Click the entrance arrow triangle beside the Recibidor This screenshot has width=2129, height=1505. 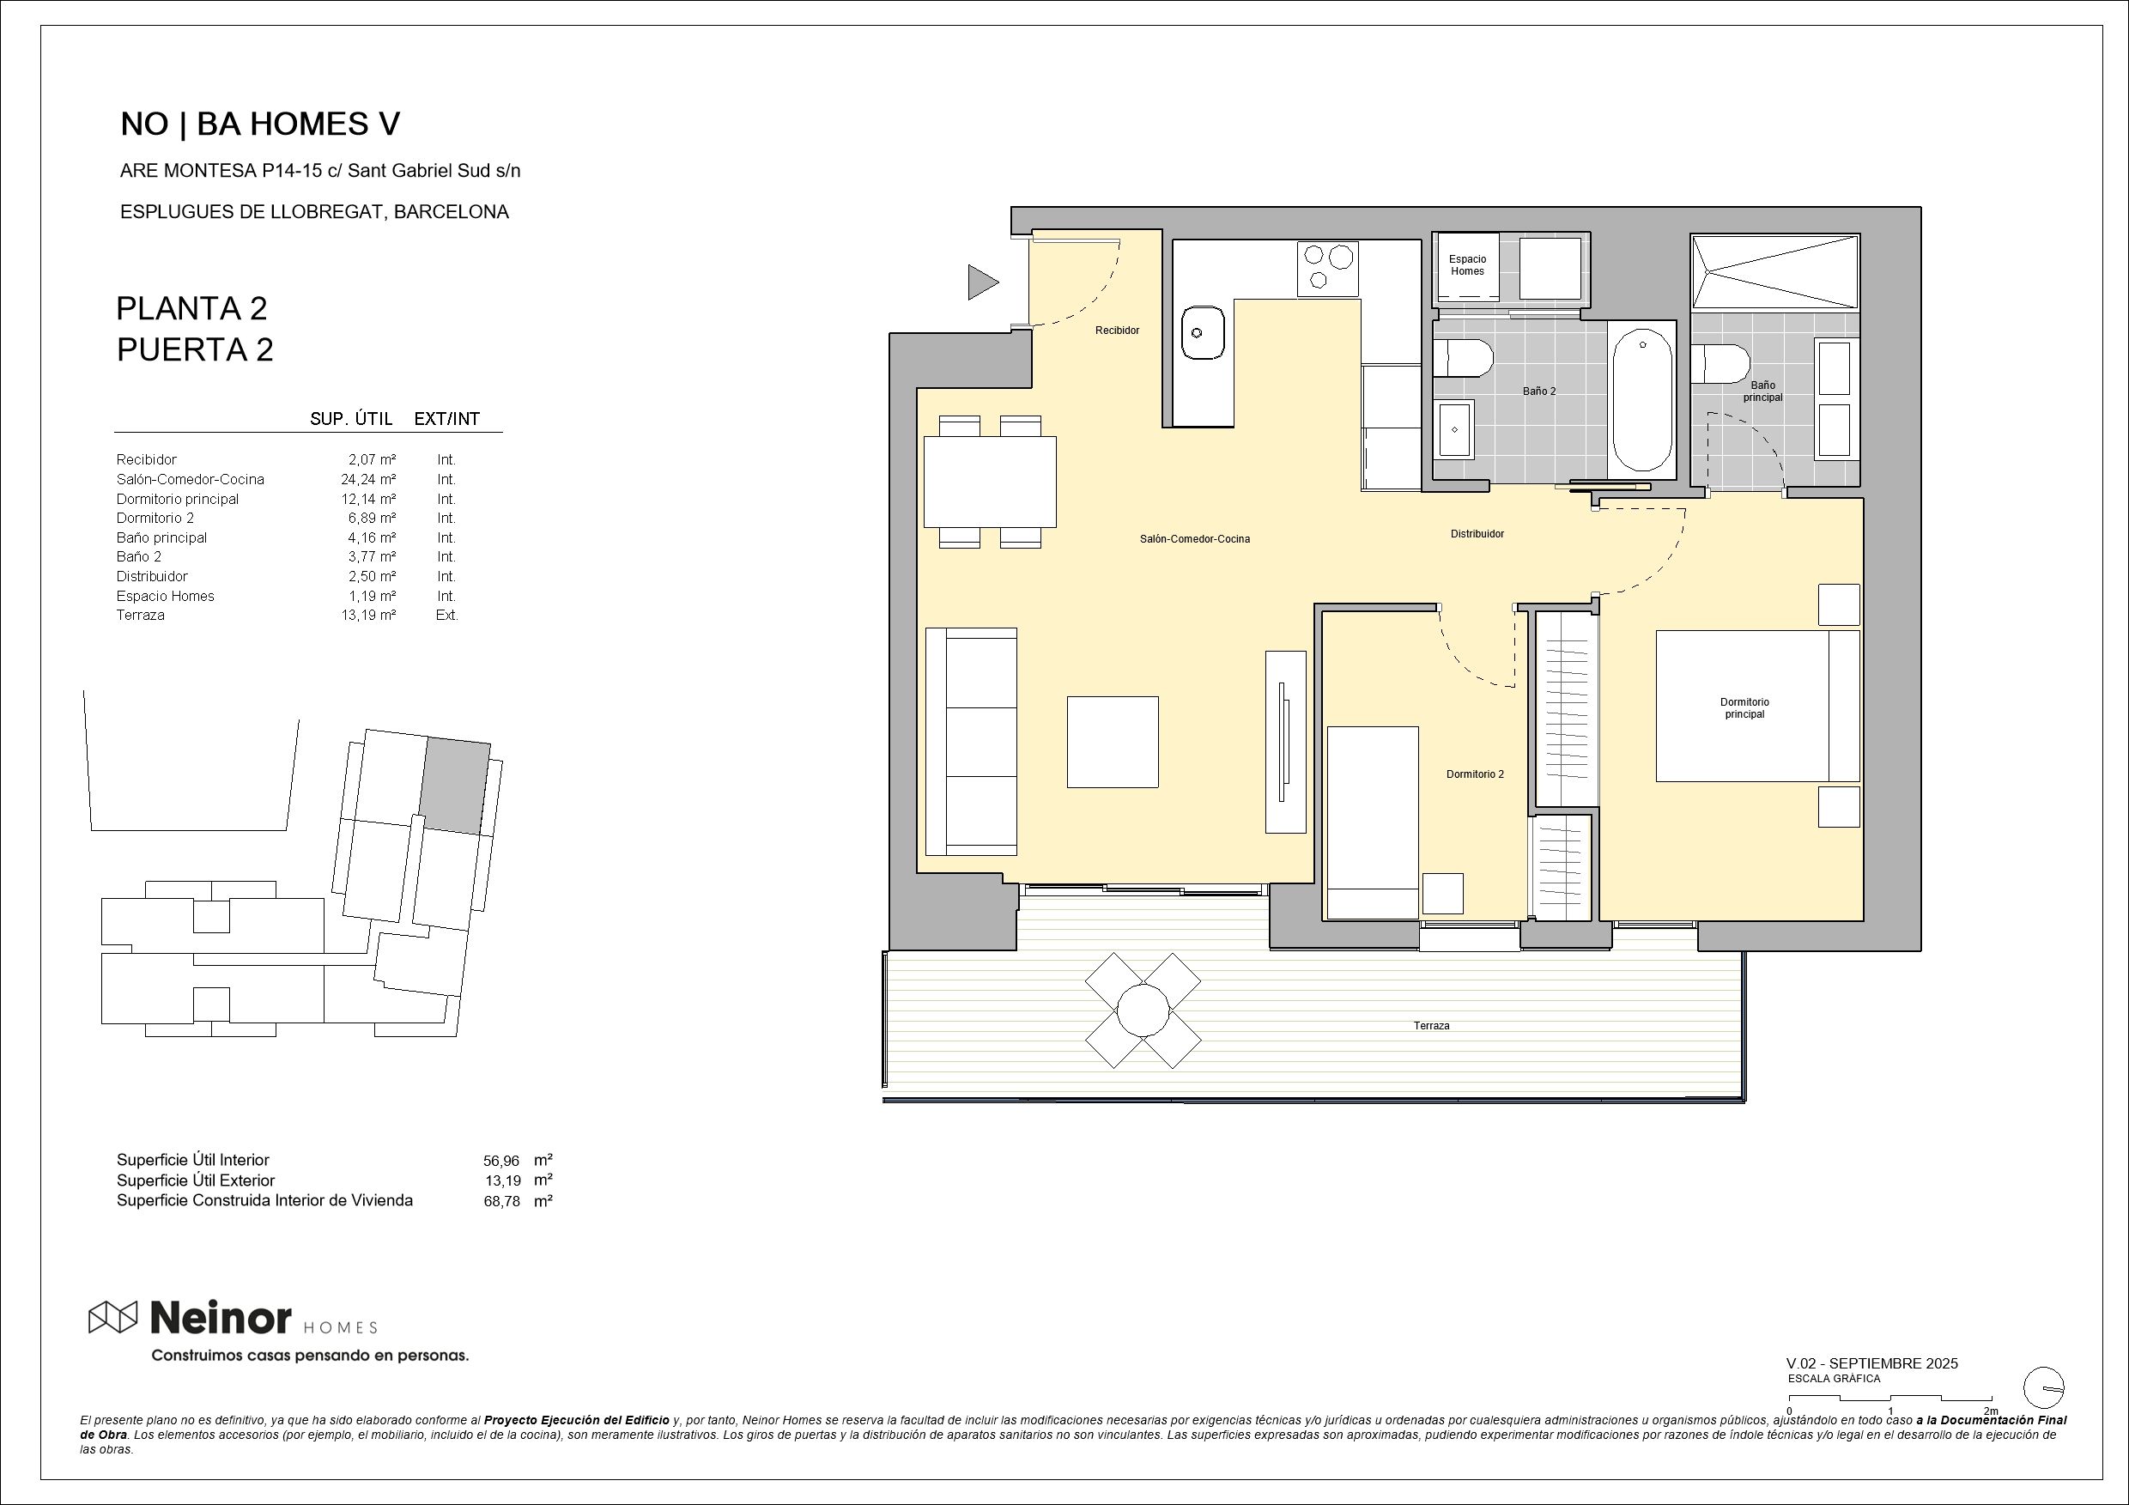(981, 282)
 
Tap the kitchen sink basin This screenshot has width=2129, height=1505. (1203, 333)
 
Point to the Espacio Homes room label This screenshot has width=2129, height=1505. (1467, 265)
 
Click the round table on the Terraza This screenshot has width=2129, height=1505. (1143, 1010)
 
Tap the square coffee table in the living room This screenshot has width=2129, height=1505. (1112, 742)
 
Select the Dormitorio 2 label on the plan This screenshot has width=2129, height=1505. (1474, 774)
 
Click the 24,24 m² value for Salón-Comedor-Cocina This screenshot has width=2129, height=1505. (368, 479)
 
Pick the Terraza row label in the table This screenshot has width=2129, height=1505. (141, 615)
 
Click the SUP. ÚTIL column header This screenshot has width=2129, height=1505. (350, 419)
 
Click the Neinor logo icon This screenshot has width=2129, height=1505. (112, 1317)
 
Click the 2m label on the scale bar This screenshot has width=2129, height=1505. (1990, 1411)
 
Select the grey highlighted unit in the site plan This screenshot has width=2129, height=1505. (454, 786)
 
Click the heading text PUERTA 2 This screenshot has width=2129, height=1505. (195, 349)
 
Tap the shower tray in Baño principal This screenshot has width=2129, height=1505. (1774, 271)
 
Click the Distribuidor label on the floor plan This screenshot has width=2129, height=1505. (1477, 534)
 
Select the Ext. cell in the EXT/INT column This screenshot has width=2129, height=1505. (447, 615)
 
